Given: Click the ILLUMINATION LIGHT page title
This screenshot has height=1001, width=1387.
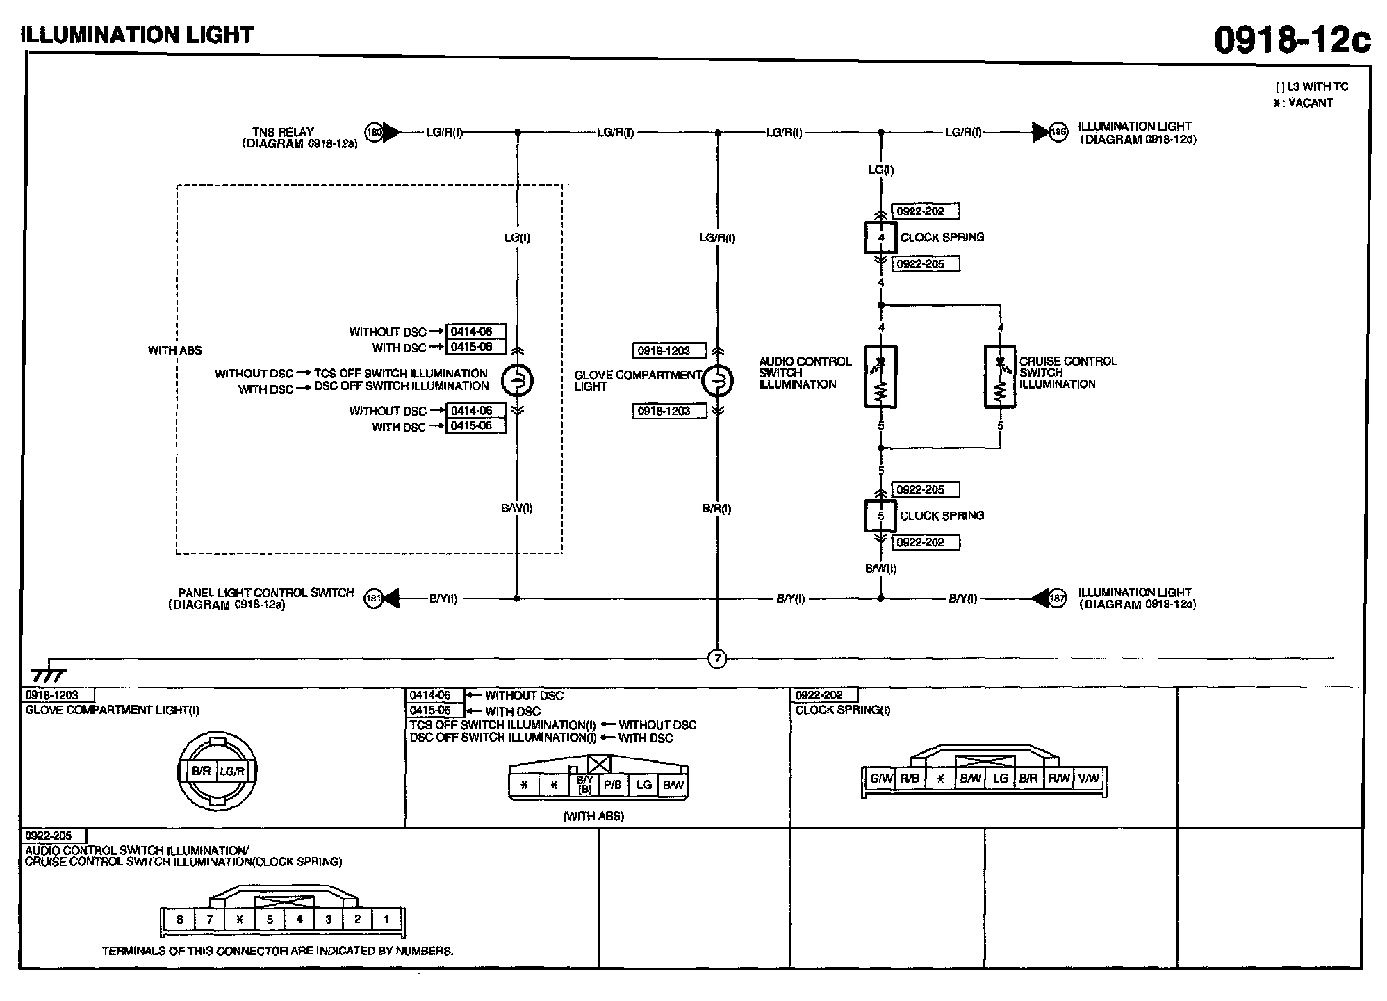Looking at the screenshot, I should click(x=138, y=35).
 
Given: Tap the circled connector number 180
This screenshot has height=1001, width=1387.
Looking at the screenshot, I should click(x=374, y=132).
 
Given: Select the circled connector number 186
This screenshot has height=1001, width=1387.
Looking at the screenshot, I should click(x=1058, y=132).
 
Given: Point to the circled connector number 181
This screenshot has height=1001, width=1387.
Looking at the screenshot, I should click(x=374, y=599).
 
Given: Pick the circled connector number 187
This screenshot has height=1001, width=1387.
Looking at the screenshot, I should click(x=1057, y=599).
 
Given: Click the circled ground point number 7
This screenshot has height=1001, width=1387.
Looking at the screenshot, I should click(x=717, y=658).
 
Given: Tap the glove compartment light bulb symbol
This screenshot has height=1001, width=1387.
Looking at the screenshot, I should click(x=717, y=380).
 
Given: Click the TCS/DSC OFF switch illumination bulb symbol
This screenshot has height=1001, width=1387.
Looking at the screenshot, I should click(x=517, y=380).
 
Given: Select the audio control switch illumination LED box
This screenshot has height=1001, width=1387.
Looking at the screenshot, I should click(x=881, y=376).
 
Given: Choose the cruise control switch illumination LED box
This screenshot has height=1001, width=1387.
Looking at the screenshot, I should click(x=1000, y=376).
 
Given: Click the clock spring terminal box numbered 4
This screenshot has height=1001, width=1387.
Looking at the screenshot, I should click(x=881, y=238).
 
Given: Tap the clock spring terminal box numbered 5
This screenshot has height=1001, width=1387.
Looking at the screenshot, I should click(x=881, y=516).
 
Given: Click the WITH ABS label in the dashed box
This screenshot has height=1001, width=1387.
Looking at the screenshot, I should click(x=174, y=350).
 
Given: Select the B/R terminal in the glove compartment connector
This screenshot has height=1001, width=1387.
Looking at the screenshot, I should click(x=202, y=771).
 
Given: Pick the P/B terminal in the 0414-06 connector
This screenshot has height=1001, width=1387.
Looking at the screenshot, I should click(x=612, y=785).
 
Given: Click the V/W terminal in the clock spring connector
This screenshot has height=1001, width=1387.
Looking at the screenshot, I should click(x=1089, y=779).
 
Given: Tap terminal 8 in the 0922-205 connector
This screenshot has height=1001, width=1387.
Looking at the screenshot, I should click(x=180, y=920).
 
